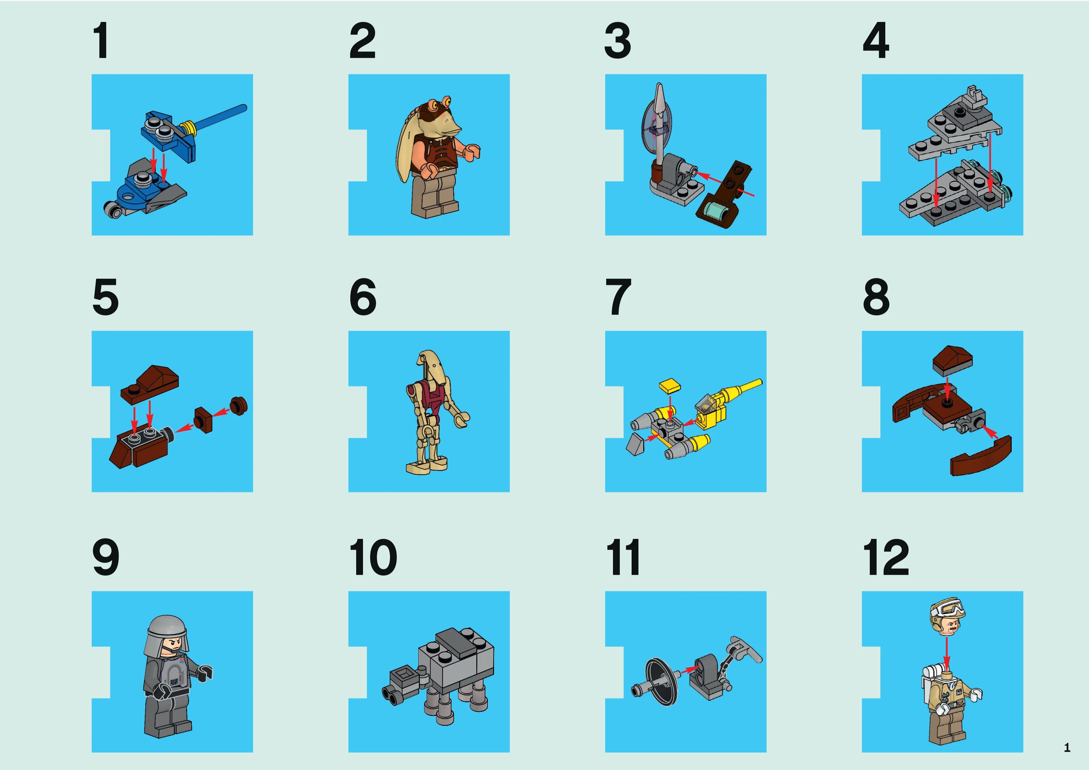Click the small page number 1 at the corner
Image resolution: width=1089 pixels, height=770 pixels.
pyautogui.click(x=1067, y=748)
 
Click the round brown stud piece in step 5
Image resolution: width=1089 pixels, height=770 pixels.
pyautogui.click(x=238, y=406)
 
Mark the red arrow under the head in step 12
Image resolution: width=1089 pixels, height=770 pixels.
pyautogui.click(x=947, y=653)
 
